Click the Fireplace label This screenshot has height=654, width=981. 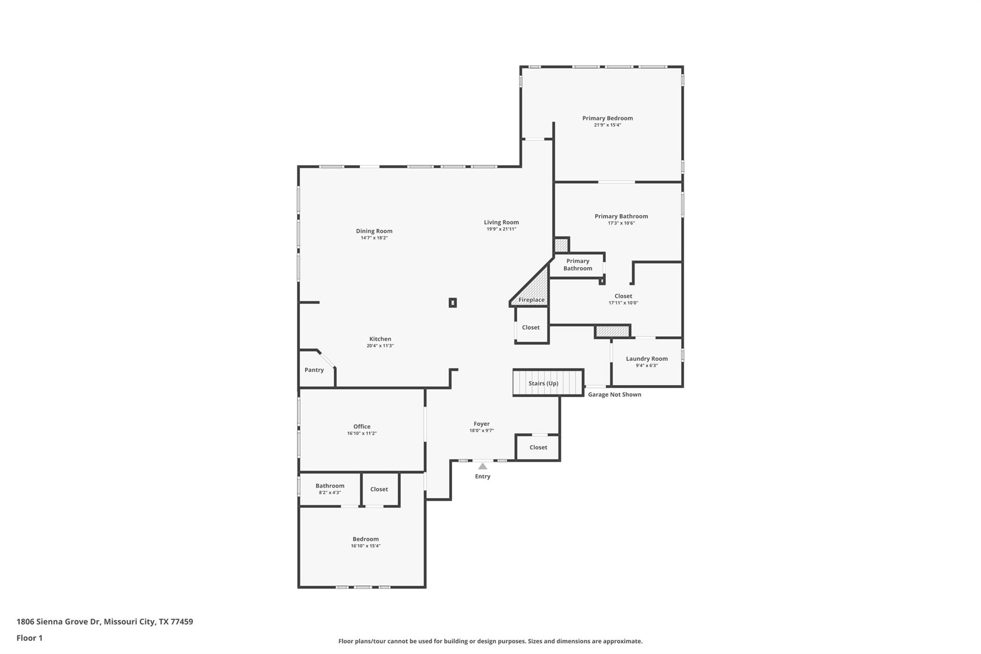pos(531,300)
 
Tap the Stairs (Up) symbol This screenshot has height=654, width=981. pos(548,383)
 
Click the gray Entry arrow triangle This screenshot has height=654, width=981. pos(482,466)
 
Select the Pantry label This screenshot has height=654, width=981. pos(314,370)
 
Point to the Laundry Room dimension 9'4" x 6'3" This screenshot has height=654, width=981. pos(647,366)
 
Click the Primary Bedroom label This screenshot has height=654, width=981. pos(607,118)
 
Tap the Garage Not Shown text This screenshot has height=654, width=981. pos(614,395)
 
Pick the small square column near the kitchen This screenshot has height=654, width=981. pos(453,302)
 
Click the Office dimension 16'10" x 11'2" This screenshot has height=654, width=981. pos(362,434)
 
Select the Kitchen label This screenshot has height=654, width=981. pos(380,339)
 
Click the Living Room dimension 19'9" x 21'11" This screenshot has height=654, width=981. pos(501,229)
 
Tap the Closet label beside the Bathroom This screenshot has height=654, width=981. pos(379,489)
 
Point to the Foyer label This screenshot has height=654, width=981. pos(481,424)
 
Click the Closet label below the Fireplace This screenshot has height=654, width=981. pos(531,328)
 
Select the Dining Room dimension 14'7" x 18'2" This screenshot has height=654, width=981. pos(374,238)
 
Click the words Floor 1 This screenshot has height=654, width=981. pos(30,638)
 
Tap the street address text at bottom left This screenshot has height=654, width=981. pos(105,622)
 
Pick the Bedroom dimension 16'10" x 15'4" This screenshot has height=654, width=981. pos(365,546)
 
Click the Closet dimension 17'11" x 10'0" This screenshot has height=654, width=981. pos(623,303)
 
